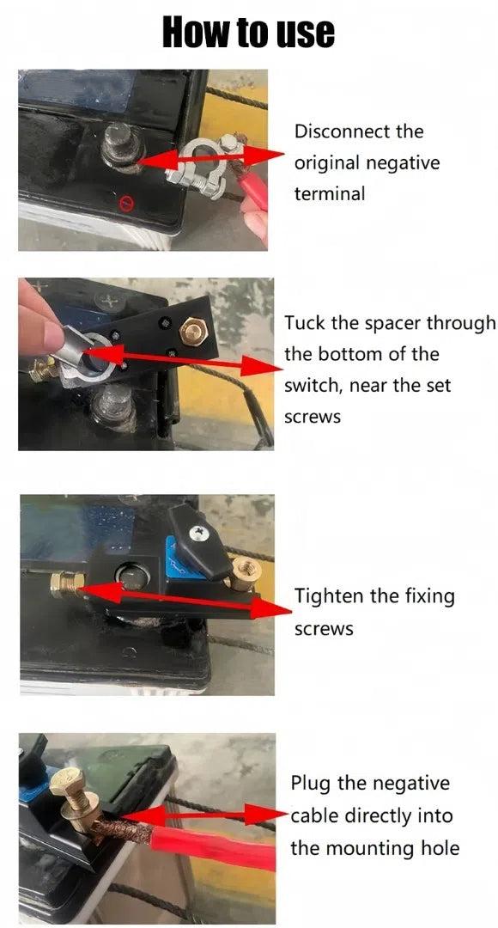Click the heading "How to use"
[x=248, y=32]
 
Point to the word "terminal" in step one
[x=330, y=193]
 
